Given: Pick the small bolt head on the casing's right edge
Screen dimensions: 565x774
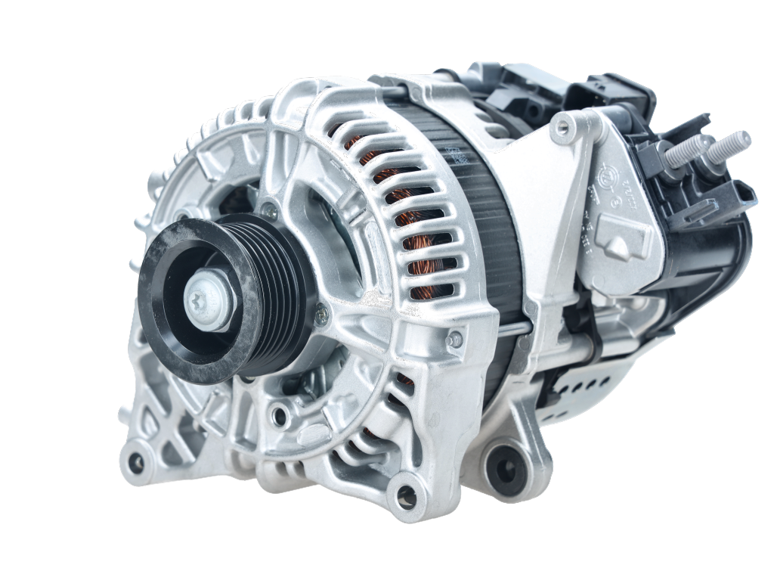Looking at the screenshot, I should coord(454,340).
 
